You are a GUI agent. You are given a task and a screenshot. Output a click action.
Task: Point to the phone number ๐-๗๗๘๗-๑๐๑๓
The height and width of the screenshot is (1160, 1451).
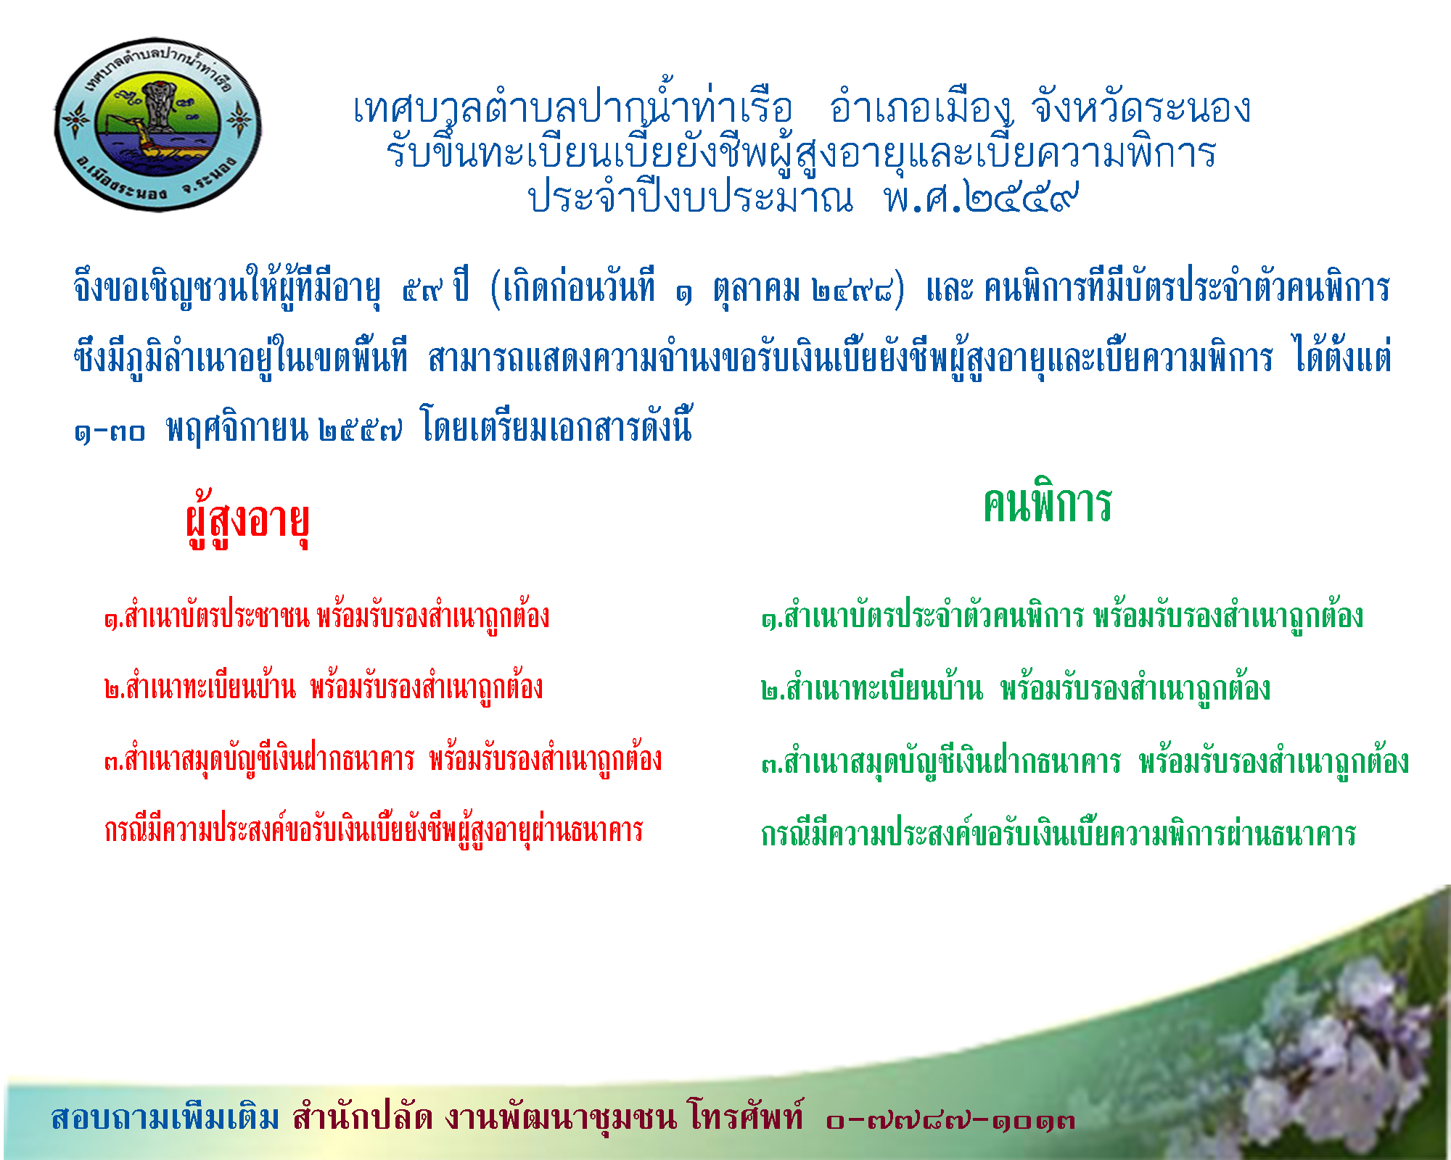pyautogui.click(x=950, y=1120)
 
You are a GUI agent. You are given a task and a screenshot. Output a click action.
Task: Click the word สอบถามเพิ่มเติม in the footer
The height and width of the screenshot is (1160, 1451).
pyautogui.click(x=165, y=1117)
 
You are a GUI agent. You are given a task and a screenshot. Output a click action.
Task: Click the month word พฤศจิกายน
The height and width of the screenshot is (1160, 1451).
pyautogui.click(x=237, y=428)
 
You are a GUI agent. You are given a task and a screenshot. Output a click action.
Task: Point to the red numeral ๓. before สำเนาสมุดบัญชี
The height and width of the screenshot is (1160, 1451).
pyautogui.click(x=114, y=761)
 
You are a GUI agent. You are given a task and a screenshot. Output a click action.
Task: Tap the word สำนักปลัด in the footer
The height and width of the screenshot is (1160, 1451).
pyautogui.click(x=363, y=1116)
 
